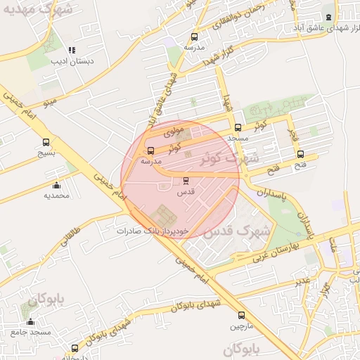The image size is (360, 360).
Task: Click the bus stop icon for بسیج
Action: tap(46, 142)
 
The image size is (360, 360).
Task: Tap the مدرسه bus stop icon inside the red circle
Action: tap(151, 150)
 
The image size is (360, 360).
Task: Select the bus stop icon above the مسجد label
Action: tap(238, 128)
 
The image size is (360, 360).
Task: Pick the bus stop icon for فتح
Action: tap(301, 155)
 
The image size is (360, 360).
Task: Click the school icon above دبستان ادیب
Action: tap(71, 50)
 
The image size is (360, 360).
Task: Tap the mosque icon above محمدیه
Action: tap(57, 186)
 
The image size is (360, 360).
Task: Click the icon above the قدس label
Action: tap(186, 181)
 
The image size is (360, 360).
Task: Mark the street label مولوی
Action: tap(173, 131)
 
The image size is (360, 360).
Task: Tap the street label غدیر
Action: tap(302, 282)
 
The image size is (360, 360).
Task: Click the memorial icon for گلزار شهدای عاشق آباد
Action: tap(328, 17)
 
